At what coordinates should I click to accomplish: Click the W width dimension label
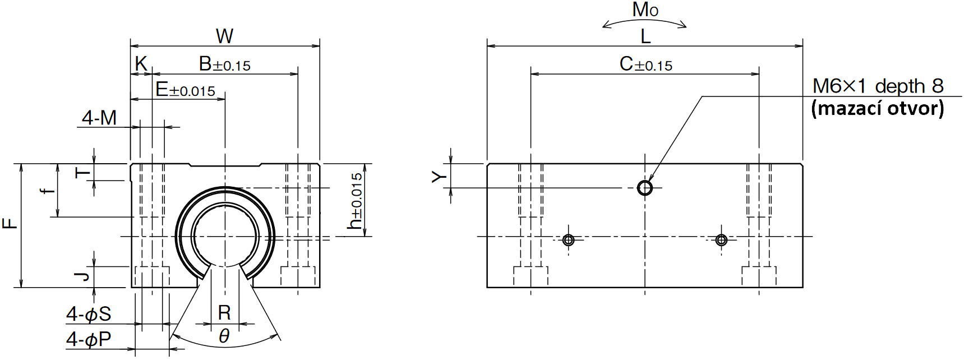[x=224, y=36]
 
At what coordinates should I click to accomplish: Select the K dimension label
[x=141, y=64]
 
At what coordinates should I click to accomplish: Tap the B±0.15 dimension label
[x=225, y=64]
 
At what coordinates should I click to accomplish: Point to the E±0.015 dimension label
[x=186, y=90]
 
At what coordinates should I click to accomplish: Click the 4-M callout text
[x=99, y=118]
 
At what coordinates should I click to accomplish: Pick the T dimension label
[x=82, y=172]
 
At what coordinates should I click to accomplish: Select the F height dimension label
[x=10, y=224]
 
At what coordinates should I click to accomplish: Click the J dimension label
[x=82, y=276]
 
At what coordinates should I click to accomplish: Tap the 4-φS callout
[x=89, y=314]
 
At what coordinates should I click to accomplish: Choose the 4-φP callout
[x=89, y=339]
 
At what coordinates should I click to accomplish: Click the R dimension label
[x=224, y=313]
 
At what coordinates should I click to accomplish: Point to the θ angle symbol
[x=224, y=336]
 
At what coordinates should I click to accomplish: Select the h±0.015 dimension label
[x=356, y=201]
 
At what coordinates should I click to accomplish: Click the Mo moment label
[x=645, y=10]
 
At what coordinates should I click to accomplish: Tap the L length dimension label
[x=645, y=37]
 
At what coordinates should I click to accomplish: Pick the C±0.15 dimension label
[x=646, y=64]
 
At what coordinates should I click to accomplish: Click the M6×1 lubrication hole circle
[x=645, y=187]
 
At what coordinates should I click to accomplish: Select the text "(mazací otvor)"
[x=878, y=108]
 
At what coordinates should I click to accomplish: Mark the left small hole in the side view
[x=568, y=241]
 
